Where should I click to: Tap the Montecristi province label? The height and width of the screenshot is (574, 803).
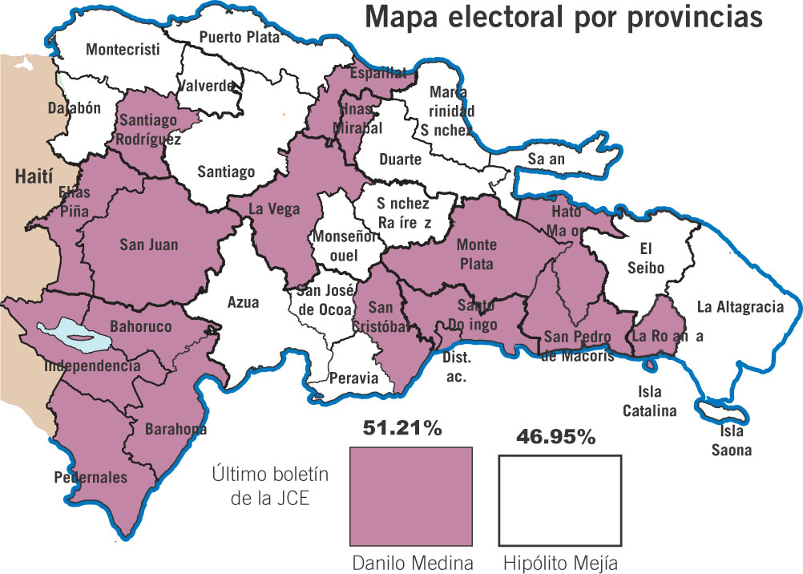pos(123,50)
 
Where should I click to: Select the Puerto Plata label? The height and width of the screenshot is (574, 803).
pos(239,37)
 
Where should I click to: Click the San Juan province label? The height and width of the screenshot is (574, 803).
pos(148,244)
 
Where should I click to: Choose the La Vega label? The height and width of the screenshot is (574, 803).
pos(274,210)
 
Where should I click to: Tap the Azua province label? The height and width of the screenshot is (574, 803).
pos(243,302)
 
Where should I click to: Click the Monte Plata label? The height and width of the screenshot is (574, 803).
pos(476,254)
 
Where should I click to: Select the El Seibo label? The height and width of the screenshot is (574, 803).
pos(645,258)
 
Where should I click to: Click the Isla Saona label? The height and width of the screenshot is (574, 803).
pos(732,443)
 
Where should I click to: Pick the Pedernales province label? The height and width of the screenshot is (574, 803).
pos(91,478)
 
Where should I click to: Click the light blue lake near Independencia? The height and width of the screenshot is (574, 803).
pos(75,333)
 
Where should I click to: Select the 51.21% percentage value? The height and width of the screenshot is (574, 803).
pos(402,429)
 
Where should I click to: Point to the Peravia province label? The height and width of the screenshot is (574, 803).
pos(353,378)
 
